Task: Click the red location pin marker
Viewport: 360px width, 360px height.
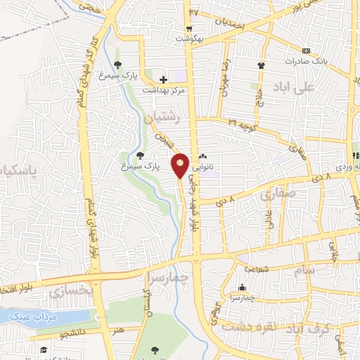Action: click(x=181, y=165)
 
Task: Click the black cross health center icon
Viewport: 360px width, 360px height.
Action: click(x=163, y=79)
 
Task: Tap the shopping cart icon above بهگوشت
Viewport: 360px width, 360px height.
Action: click(x=189, y=29)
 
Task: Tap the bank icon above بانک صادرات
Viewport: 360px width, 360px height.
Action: click(x=306, y=51)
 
